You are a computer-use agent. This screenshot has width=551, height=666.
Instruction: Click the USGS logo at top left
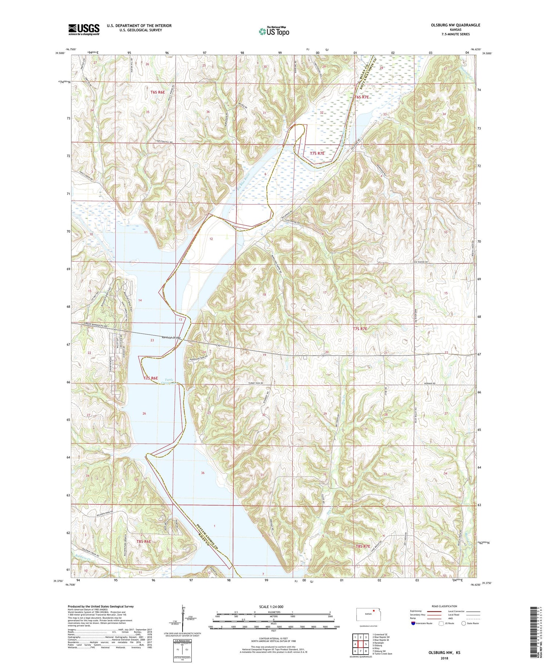pos(84,29)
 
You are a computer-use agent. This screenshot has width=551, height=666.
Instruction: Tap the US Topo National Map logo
pos(274,31)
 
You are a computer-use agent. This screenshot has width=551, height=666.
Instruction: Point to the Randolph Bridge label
pos(171,338)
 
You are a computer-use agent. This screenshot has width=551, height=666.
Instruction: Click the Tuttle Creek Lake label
pos(169,382)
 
